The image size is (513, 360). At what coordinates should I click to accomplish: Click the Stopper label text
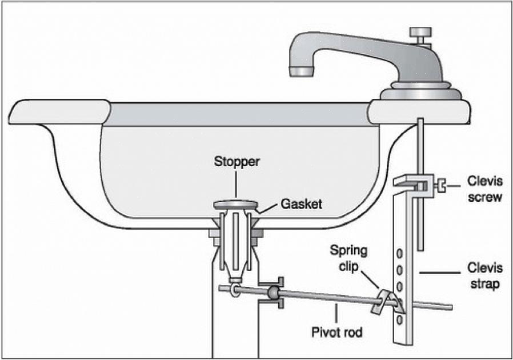(x=237, y=162)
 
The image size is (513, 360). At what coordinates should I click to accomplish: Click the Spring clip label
(x=348, y=258)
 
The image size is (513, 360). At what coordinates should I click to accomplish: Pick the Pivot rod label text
(x=336, y=332)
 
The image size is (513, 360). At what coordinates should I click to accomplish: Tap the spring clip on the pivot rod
(x=384, y=301)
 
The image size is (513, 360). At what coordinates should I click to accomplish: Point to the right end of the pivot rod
(x=450, y=307)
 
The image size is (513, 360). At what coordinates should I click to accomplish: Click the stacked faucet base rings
(x=420, y=92)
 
